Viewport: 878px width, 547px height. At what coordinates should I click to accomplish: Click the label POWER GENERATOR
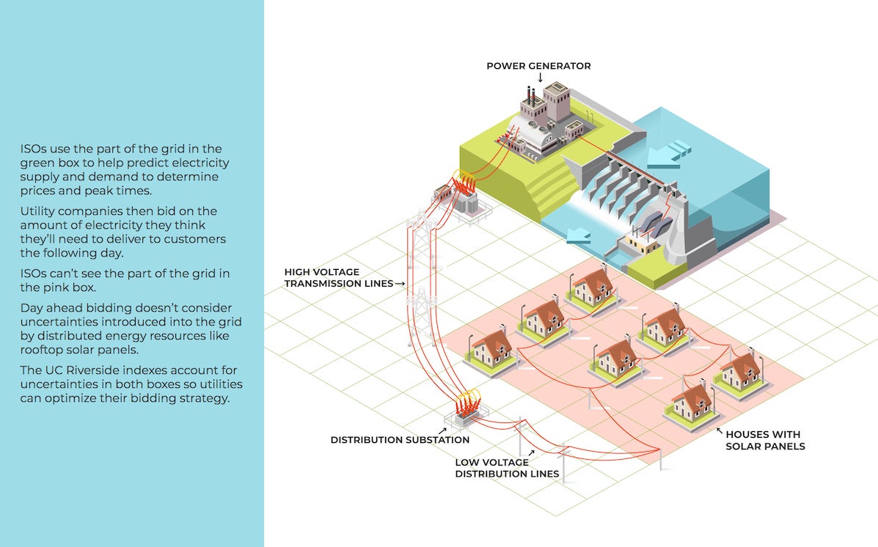(538, 66)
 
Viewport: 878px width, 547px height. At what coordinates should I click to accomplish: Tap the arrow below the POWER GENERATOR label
(540, 77)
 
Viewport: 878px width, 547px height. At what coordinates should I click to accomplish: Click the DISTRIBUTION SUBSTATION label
(400, 440)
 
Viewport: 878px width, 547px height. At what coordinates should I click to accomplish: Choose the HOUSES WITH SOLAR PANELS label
(765, 440)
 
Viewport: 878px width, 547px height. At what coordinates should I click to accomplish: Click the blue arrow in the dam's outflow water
(578, 235)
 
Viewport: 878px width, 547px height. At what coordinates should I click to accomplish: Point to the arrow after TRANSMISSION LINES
(400, 283)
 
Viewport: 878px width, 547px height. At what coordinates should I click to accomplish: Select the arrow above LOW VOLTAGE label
(531, 453)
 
